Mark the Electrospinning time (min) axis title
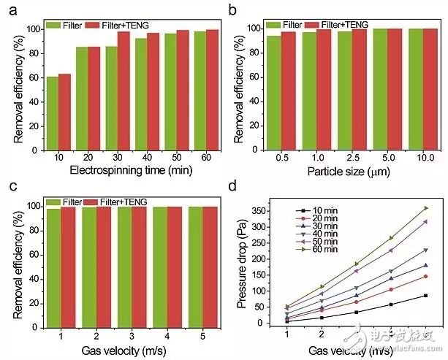[x=117, y=172]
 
